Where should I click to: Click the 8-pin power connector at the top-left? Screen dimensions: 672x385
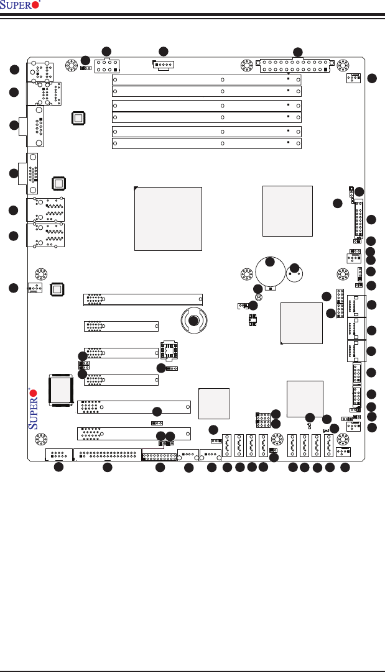pyautogui.click(x=107, y=66)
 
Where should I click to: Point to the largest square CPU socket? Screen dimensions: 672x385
pyautogui.click(x=169, y=218)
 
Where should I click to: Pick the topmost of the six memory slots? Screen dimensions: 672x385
pyautogui.click(x=206, y=79)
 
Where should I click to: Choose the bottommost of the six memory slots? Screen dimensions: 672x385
pyautogui.click(x=206, y=143)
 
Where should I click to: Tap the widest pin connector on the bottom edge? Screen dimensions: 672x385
pyautogui.click(x=107, y=454)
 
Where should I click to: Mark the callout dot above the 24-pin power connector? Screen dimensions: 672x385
pyautogui.click(x=298, y=52)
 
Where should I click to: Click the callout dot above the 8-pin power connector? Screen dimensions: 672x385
pyautogui.click(x=106, y=51)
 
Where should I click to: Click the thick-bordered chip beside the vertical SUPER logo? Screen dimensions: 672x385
pyautogui.click(x=60, y=390)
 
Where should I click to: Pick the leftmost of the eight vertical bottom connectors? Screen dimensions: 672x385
pyautogui.click(x=228, y=445)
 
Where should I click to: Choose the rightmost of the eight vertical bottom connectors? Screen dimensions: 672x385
pyautogui.click(x=328, y=445)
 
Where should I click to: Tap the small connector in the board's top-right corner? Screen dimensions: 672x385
pyautogui.click(x=354, y=78)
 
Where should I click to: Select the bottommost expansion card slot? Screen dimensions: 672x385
pyautogui.click(x=134, y=433)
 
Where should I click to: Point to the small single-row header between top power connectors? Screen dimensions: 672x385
pyautogui.click(x=163, y=65)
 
